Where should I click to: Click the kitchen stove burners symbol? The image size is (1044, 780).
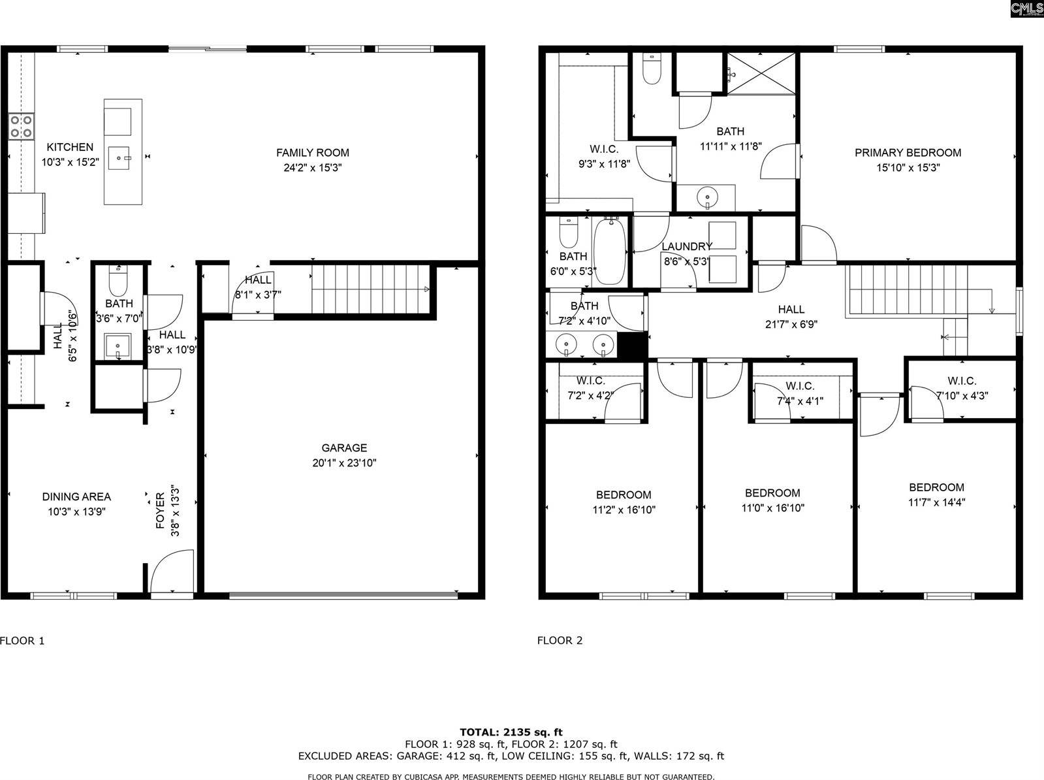point(21,126)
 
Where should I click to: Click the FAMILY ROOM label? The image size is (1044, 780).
point(312,153)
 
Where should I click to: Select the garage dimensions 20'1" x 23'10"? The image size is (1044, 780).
point(344,463)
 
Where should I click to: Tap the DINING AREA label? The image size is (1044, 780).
point(76,496)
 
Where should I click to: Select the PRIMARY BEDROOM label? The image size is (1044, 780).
point(908,153)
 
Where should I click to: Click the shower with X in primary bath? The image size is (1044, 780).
point(762,73)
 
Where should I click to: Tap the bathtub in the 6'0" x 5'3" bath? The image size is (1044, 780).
point(610,252)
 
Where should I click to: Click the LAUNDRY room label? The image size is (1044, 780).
point(686,246)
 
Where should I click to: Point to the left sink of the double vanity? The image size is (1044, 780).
point(565,344)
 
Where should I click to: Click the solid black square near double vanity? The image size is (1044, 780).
point(632,346)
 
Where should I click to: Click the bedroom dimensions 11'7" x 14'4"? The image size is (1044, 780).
point(936,502)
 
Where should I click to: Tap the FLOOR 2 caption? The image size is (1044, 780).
point(560,640)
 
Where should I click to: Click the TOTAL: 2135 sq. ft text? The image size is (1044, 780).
point(511,732)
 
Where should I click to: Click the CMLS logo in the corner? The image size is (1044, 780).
point(1026,8)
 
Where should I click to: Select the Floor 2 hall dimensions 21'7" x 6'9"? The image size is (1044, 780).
point(791,323)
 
